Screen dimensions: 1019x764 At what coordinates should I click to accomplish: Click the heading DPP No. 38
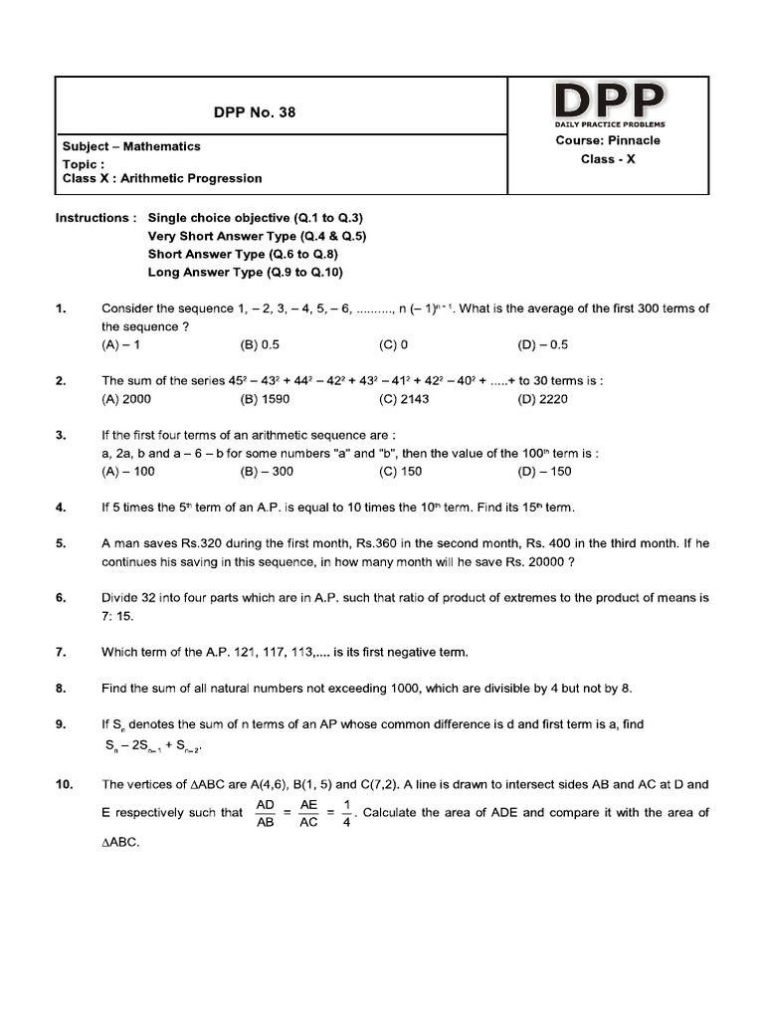click(255, 111)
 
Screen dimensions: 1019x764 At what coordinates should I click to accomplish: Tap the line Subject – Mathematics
click(131, 146)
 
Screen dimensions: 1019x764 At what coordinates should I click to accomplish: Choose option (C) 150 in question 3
click(401, 472)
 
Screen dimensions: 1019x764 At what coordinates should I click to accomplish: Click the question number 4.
click(61, 508)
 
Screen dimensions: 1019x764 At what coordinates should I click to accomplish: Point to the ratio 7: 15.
click(119, 616)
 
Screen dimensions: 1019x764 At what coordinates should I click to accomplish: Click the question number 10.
click(64, 785)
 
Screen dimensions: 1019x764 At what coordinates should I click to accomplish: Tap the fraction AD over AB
click(266, 813)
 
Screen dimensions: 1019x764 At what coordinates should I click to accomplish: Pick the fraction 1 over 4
click(345, 813)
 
